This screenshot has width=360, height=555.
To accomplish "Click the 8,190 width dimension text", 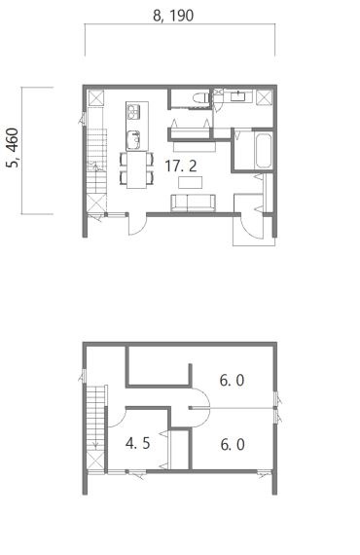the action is (x=173, y=16).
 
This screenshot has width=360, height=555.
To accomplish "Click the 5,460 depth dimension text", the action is (x=13, y=148).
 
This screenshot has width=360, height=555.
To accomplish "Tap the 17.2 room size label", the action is (x=181, y=166).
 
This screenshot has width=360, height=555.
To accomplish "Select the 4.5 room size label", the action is (x=138, y=443).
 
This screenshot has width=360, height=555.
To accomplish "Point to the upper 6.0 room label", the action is (x=232, y=381).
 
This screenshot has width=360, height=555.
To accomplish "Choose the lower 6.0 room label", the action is (x=233, y=445).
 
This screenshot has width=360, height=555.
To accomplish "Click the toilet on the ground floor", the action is (x=200, y=97).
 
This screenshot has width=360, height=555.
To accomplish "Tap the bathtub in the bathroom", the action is (x=264, y=151).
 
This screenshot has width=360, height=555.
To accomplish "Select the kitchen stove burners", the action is (x=133, y=112).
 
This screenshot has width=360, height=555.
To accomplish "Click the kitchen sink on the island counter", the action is (x=133, y=139).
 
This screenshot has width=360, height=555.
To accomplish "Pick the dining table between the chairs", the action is (x=136, y=169).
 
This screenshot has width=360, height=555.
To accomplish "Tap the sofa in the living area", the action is (x=193, y=203).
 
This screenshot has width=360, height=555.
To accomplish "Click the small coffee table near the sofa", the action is (x=191, y=182).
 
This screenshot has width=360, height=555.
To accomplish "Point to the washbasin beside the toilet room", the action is (x=239, y=96).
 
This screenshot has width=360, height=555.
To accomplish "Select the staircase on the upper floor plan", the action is (x=96, y=419).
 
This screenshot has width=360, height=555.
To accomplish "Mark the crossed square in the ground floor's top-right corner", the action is (x=264, y=97).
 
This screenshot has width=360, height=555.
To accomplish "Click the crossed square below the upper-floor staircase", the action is (x=95, y=461).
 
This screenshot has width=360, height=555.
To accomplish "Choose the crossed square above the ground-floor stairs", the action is (x=95, y=98).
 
